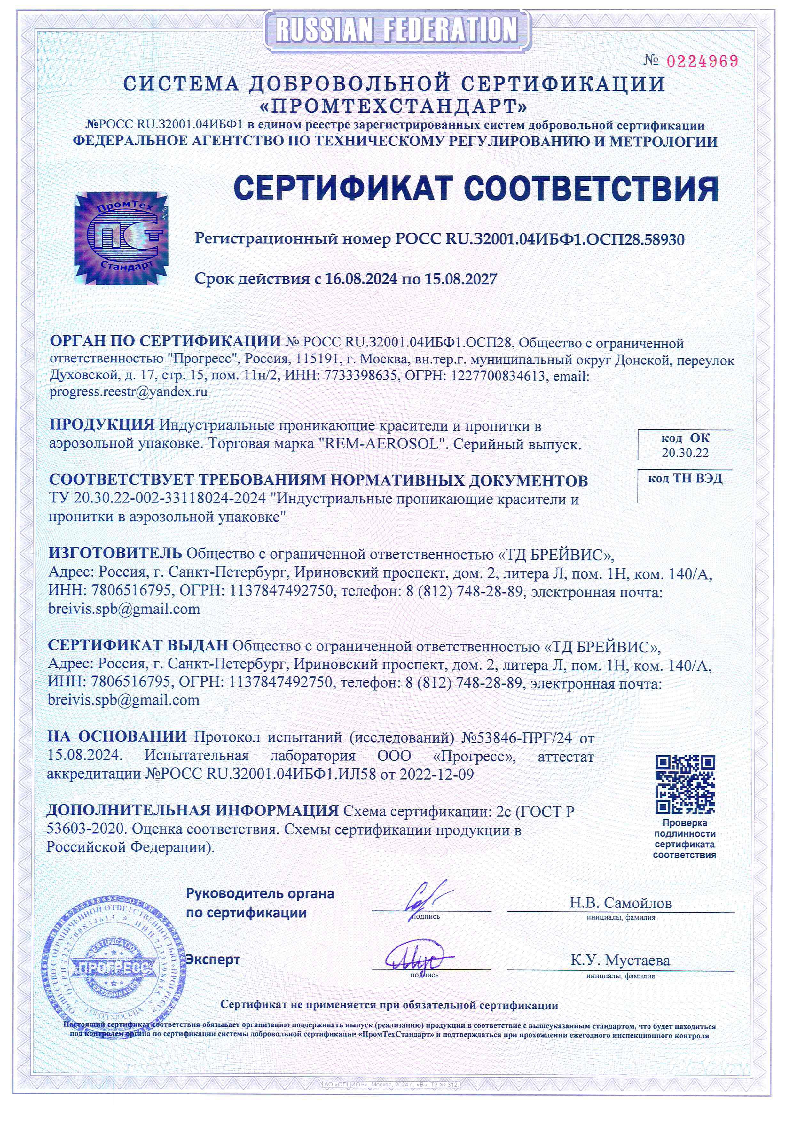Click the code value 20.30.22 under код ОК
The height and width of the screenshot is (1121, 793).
[x=685, y=453]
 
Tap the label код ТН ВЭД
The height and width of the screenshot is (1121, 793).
[x=685, y=479]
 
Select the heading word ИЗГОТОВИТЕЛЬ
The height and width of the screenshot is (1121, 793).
[x=115, y=554]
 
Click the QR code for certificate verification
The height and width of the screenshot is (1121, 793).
[x=685, y=785]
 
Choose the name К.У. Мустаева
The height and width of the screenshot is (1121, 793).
[x=620, y=960]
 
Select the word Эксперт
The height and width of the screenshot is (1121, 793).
[x=213, y=959]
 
